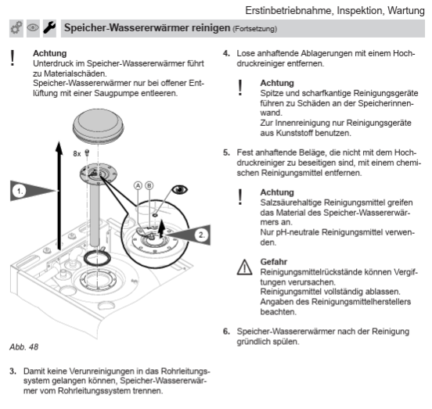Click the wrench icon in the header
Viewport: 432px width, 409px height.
click(49, 28)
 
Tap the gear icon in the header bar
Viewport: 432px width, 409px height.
click(16, 28)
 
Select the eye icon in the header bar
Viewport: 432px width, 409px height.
click(33, 28)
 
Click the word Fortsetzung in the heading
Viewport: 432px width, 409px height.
click(255, 29)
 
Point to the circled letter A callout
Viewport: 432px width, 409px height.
click(138, 186)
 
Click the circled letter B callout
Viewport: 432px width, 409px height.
click(149, 186)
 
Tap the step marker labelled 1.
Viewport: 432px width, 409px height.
click(20, 191)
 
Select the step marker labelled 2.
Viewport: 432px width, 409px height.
click(201, 235)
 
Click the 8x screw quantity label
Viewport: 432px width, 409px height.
click(77, 153)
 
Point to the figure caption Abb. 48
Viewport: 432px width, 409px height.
click(24, 346)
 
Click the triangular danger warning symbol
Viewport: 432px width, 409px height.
click(244, 267)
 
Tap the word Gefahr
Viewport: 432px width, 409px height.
click(274, 262)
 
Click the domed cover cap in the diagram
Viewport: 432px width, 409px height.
click(99, 126)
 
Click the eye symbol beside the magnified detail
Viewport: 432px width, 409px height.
click(180, 189)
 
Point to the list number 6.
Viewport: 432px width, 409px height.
click(226, 332)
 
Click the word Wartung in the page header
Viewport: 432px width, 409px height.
click(406, 11)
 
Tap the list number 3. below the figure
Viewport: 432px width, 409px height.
click(13, 371)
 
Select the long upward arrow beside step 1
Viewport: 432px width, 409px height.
click(59, 196)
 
